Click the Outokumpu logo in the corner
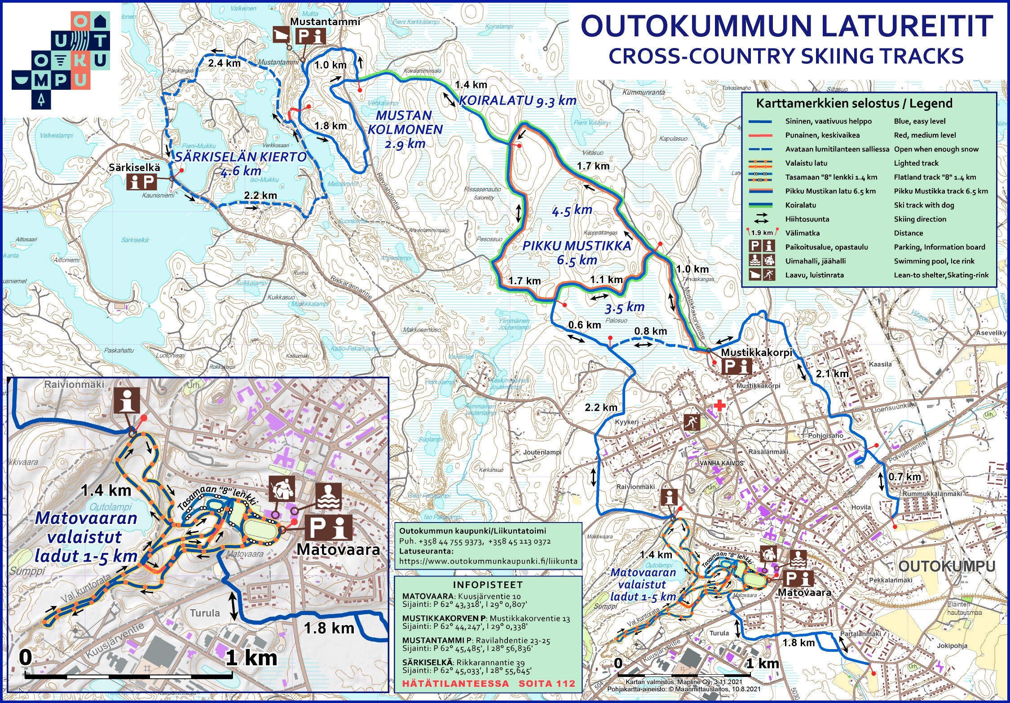pos(61,60)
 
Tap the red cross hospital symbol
pos(719,405)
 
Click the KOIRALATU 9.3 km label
pos(517,101)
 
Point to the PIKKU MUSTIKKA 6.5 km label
pos(577,252)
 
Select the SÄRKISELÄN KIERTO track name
pos(241,163)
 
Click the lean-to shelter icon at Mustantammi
pos(282,35)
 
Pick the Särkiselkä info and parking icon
pos(141,182)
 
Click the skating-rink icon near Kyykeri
pos(692,422)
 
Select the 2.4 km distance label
pos(224,63)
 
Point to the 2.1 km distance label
pos(832,373)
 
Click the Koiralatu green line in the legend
pos(760,205)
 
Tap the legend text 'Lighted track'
pos(916,163)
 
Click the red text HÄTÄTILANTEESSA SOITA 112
pos(488,684)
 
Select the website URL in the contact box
pos(488,561)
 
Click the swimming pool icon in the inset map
pos(329,496)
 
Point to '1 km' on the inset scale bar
pos(251,658)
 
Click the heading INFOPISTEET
pos(488,584)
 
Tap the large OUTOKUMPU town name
pos(947,567)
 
